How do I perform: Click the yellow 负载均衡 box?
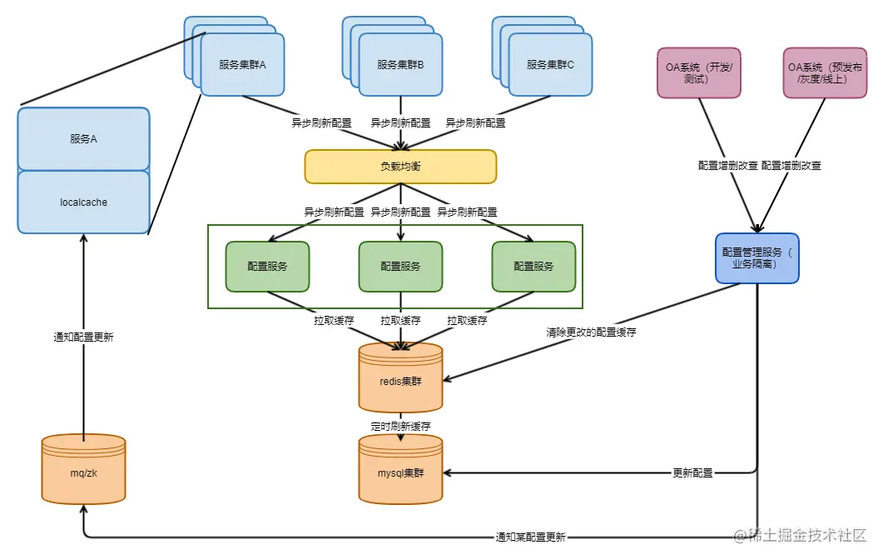tap(400, 167)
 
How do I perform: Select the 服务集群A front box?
tap(243, 65)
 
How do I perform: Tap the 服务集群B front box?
tap(400, 65)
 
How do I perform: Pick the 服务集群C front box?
tap(550, 65)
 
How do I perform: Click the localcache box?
tap(83, 202)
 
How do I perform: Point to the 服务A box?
tap(83, 138)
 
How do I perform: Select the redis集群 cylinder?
tap(400, 377)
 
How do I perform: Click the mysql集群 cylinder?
tap(400, 469)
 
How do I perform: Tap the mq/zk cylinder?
tap(83, 469)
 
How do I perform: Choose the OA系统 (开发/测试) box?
tap(699, 72)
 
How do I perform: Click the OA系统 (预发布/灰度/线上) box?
tap(825, 72)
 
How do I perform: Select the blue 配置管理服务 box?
tap(757, 258)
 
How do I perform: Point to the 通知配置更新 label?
tap(83, 337)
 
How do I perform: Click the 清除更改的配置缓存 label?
tap(591, 332)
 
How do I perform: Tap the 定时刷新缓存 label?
tap(400, 427)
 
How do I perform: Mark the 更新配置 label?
tap(692, 472)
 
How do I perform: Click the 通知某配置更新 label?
tap(530, 537)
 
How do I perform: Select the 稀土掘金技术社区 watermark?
tap(800, 535)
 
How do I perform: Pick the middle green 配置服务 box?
tap(400, 267)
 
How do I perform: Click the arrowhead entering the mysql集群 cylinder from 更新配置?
tap(447, 472)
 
